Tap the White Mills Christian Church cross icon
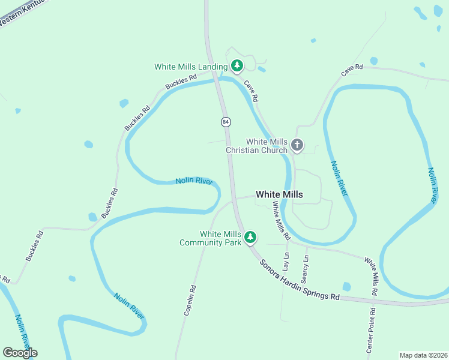tap(297, 145)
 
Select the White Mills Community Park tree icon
tap(250, 238)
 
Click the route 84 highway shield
tap(225, 122)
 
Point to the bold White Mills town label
tap(279, 194)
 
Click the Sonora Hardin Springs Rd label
tap(300, 281)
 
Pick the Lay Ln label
tap(286, 263)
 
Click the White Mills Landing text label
tap(191, 67)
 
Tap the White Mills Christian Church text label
tap(257, 146)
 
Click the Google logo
tap(20, 353)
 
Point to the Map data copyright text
tap(423, 355)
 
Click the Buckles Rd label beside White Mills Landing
tap(181, 82)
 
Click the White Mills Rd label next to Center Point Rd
tap(372, 276)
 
